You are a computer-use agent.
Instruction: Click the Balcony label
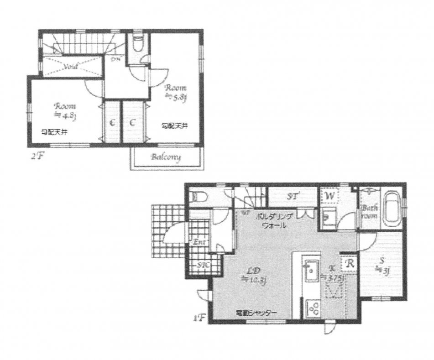pyautogui.click(x=167, y=158)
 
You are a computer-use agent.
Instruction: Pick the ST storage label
pyautogui.click(x=293, y=197)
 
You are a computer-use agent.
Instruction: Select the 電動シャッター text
pyautogui.click(x=256, y=313)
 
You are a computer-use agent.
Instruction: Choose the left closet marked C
pyautogui.click(x=111, y=122)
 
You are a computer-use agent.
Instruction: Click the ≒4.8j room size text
pyautogui.click(x=65, y=115)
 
